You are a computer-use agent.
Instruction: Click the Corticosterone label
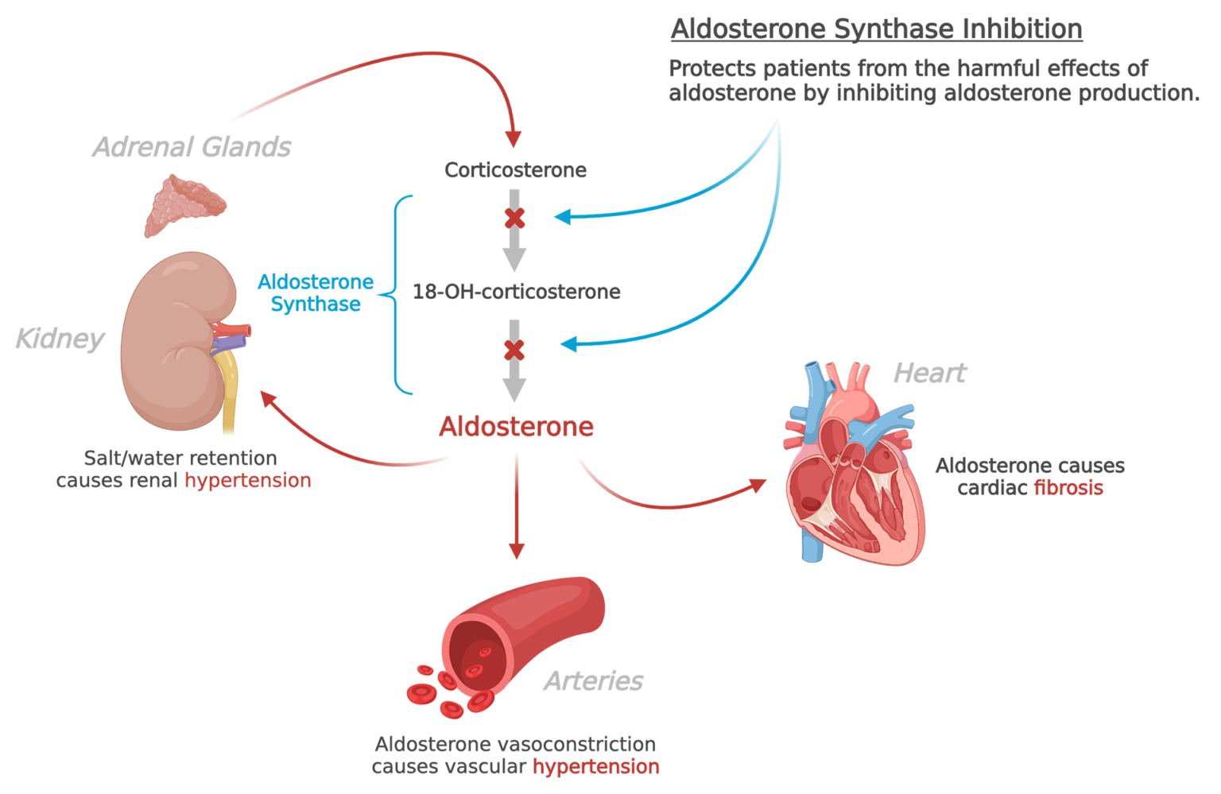[515, 170]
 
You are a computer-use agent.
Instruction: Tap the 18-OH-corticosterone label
[516, 292]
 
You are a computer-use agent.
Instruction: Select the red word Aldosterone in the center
[516, 427]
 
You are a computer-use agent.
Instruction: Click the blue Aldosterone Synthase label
[316, 293]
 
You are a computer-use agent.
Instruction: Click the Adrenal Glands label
[192, 147]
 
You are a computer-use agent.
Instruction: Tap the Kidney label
[60, 339]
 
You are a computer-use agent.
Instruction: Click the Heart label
[929, 373]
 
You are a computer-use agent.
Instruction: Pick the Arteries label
[594, 681]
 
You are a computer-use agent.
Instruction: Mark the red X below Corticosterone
[515, 218]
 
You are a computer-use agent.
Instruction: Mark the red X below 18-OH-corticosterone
[515, 350]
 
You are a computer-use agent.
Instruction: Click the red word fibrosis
[1068, 488]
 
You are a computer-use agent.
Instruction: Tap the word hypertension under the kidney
[248, 481]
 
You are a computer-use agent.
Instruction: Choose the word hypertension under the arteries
[595, 767]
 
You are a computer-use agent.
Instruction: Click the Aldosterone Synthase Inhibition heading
[876, 29]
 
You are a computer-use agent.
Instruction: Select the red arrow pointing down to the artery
[517, 509]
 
